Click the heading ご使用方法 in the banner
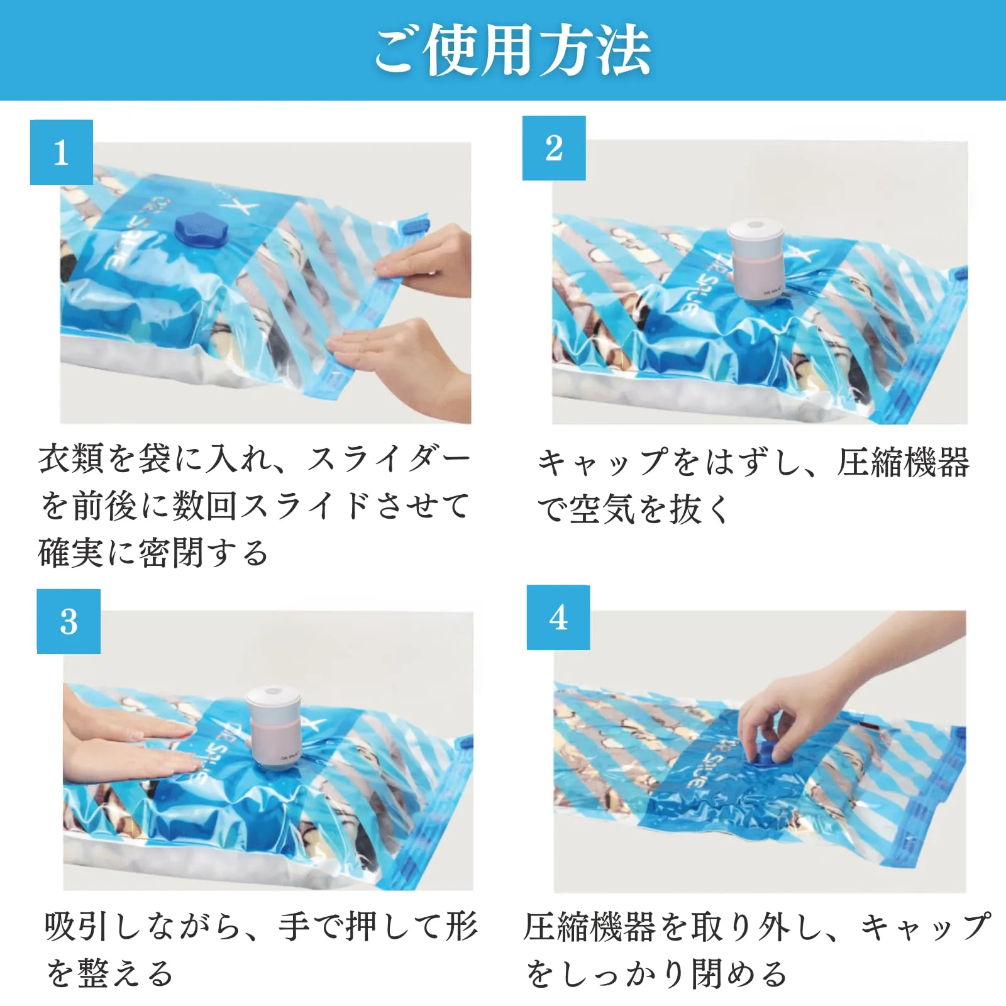(512, 50)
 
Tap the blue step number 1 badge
(62, 152)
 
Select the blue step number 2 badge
(554, 148)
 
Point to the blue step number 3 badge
(69, 622)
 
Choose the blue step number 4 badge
(558, 617)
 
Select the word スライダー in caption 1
(389, 459)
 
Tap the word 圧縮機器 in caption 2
(903, 462)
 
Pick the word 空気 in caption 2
(602, 509)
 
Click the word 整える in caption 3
(125, 974)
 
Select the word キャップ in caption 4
(926, 926)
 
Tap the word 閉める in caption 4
(739, 974)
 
